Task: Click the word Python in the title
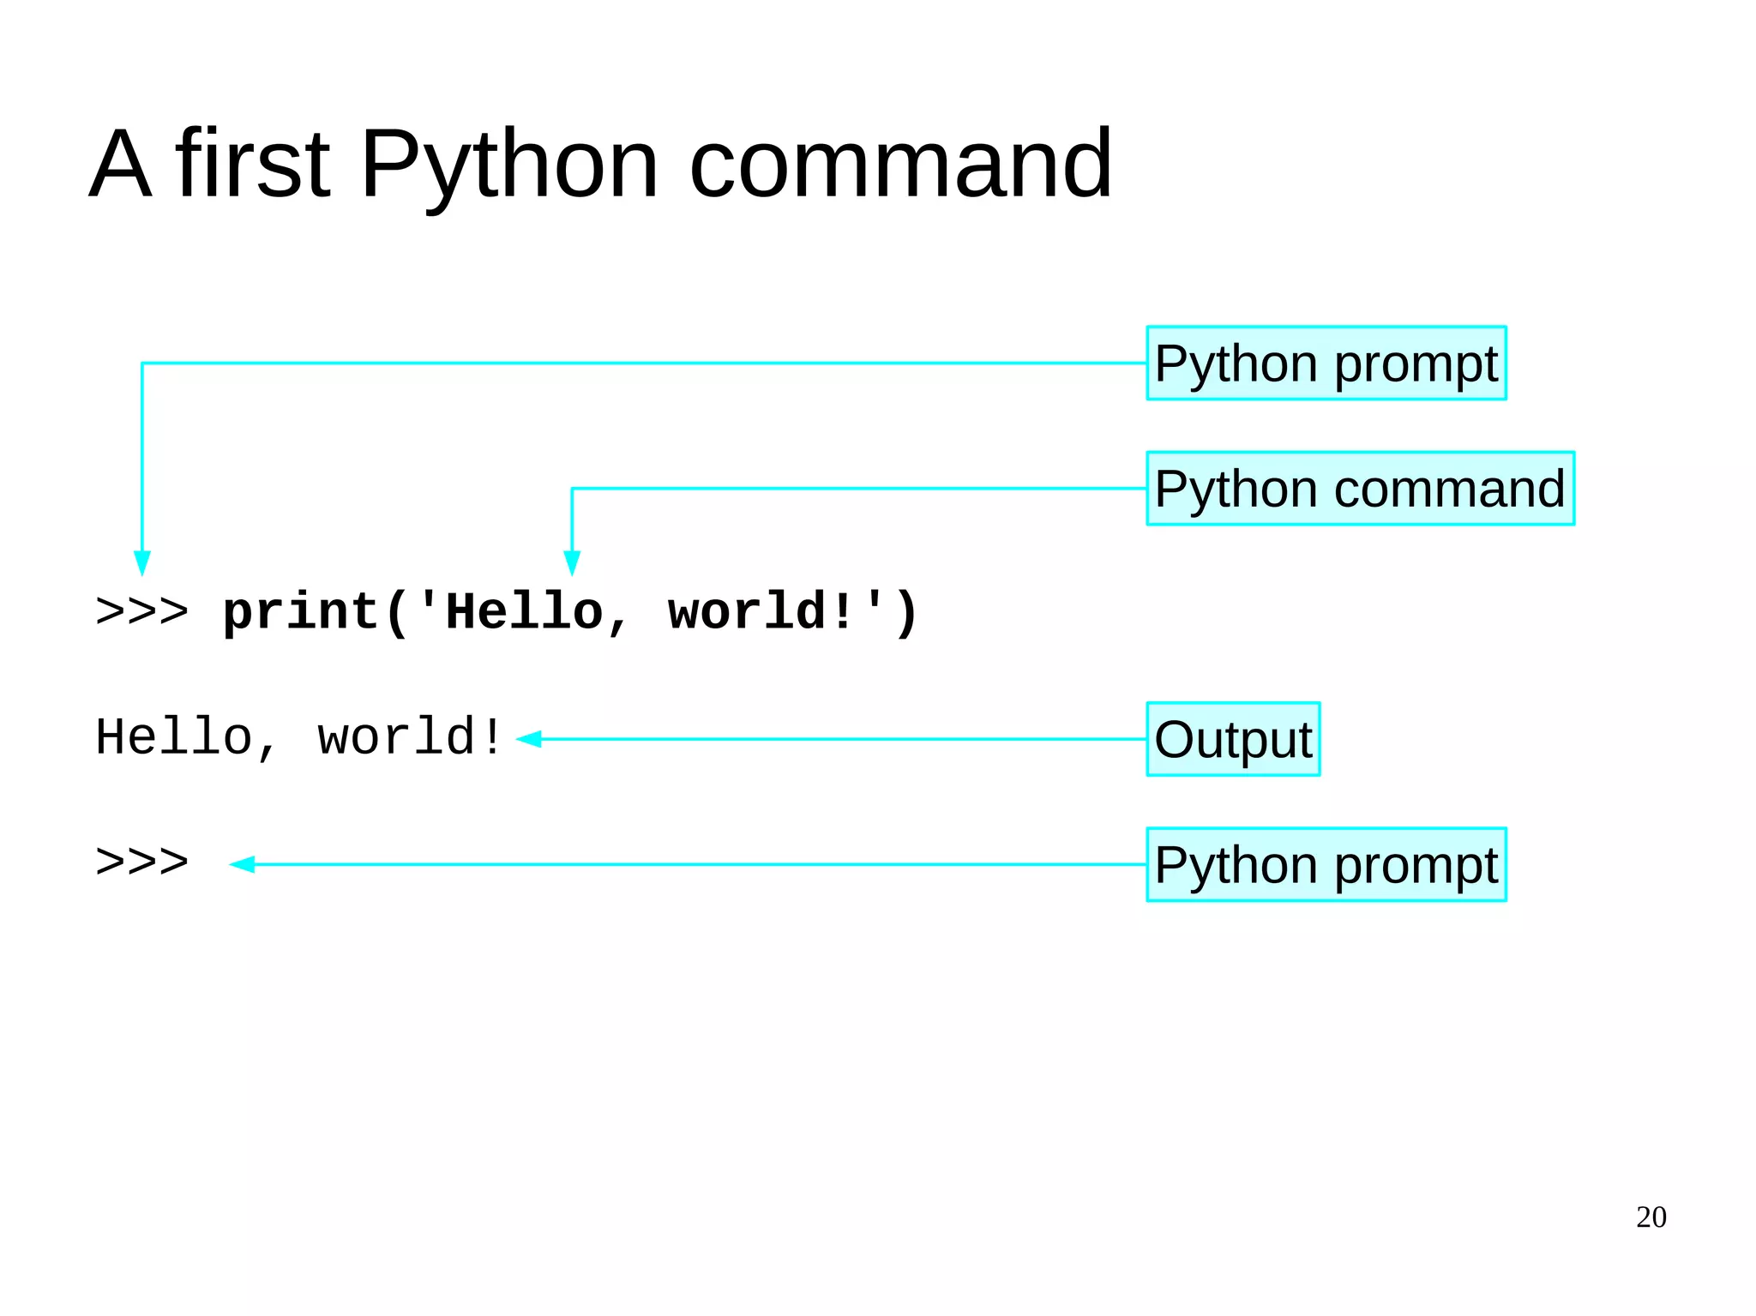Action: [509, 165]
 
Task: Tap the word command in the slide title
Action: [900, 165]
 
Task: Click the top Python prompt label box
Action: [1326, 364]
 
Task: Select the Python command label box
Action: [1360, 489]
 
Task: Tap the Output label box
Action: [1233, 739]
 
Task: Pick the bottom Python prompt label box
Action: [1326, 864]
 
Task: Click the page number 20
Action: [1651, 1217]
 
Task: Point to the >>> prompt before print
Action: [142, 612]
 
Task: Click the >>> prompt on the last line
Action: [142, 862]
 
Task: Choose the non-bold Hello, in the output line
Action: [185, 737]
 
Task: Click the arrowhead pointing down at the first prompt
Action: [142, 563]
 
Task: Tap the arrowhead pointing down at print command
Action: [572, 563]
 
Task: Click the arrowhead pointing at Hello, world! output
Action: [529, 739]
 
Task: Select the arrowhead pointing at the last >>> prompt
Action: [243, 864]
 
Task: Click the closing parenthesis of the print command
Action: [907, 614]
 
